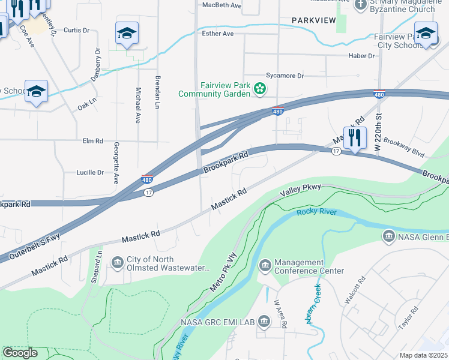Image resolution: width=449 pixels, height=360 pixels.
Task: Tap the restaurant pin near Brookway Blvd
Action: click(355, 137)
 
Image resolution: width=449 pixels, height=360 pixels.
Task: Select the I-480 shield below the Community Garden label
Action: click(277, 111)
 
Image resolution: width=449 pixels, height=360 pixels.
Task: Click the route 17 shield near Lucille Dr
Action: click(148, 192)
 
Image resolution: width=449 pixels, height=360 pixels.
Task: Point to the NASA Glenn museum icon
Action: click(388, 237)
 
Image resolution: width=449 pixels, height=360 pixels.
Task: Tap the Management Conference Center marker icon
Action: click(265, 265)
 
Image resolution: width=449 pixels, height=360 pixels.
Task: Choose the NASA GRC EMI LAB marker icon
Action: click(264, 322)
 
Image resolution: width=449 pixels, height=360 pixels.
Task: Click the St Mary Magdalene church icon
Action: click(361, 5)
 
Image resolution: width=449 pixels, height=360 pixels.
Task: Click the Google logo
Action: click(20, 353)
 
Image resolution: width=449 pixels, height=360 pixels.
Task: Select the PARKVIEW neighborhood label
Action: click(313, 20)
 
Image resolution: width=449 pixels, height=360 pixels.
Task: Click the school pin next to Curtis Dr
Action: click(127, 34)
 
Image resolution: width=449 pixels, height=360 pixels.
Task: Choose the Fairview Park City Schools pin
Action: click(426, 34)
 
